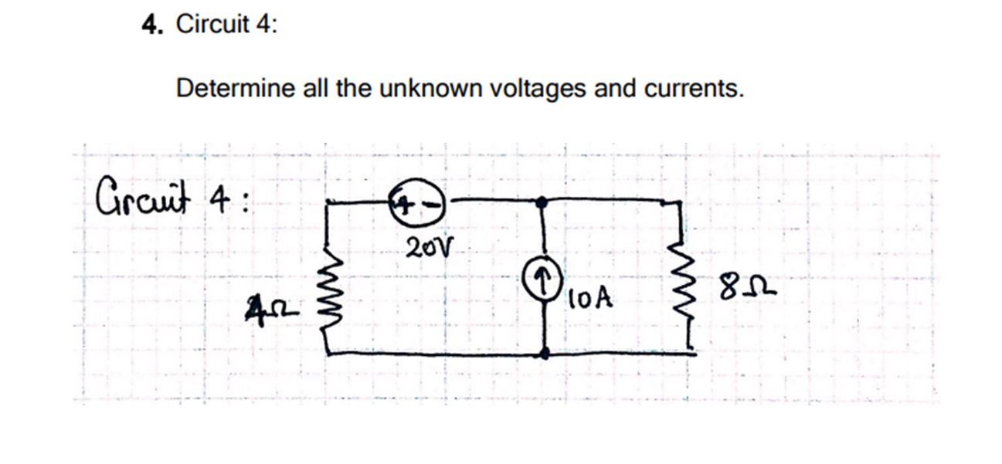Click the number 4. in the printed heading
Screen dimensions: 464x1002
(x=151, y=25)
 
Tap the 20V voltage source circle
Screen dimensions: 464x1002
(x=420, y=204)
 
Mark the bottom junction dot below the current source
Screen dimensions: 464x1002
(x=545, y=353)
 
